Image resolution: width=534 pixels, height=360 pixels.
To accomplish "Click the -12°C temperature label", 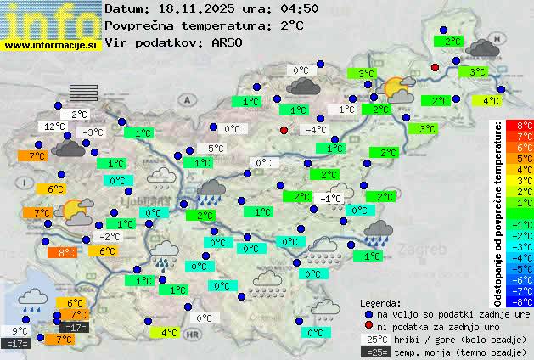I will click(53, 127).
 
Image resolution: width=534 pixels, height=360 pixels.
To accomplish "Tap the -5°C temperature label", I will click(213, 149).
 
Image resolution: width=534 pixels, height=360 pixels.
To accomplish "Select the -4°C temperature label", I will click(316, 130).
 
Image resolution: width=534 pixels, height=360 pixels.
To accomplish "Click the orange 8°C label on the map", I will click(61, 252).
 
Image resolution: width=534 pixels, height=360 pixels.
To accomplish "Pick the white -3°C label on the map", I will click(92, 132).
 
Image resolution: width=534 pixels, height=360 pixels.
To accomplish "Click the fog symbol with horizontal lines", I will click(84, 93).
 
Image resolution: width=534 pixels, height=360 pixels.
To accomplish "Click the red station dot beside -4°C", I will click(284, 130).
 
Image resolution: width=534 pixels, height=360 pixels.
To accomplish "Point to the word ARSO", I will click(229, 42).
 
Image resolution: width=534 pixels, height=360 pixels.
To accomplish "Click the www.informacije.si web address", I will click(51, 44).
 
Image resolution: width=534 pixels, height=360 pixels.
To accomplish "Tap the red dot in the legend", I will click(368, 325).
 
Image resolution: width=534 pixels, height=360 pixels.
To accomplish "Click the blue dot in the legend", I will click(368, 313).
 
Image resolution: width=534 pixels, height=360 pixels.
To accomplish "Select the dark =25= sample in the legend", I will click(379, 351).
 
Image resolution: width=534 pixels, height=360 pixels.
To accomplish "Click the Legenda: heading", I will click(380, 302).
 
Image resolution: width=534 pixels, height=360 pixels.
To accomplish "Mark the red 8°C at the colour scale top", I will click(525, 126).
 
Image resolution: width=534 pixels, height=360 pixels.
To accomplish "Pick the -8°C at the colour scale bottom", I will click(524, 301).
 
